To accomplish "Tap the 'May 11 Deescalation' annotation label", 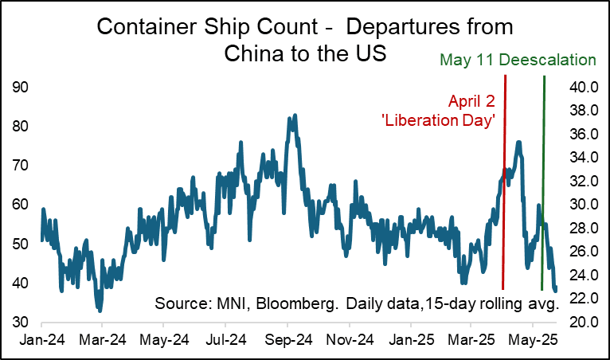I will (518, 60).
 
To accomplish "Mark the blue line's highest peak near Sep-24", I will (295, 115).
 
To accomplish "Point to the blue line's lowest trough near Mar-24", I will (99, 311).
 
